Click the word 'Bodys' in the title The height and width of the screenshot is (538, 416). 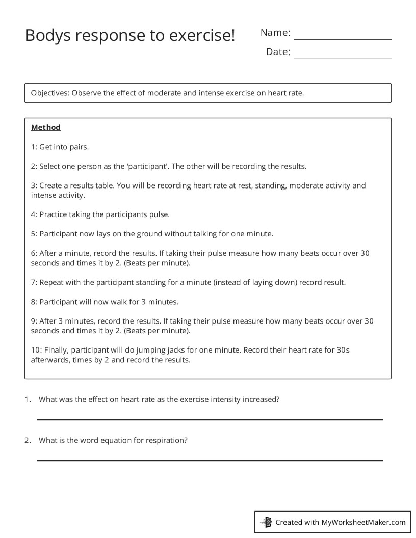point(46,35)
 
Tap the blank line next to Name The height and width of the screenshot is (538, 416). point(342,39)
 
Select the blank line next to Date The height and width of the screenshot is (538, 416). point(342,58)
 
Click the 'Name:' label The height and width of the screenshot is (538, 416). point(275,33)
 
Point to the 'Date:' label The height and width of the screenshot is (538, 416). point(278,52)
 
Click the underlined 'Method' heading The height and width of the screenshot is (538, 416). point(46,127)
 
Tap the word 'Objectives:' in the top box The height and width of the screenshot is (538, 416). point(50,93)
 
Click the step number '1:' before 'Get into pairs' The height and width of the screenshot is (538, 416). point(34,147)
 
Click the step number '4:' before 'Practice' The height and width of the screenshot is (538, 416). point(34,214)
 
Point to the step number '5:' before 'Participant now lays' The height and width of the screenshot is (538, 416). point(34,234)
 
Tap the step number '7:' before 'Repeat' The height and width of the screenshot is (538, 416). point(34,282)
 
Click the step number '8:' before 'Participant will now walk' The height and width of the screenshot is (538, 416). point(34,302)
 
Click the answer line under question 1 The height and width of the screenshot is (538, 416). point(210,419)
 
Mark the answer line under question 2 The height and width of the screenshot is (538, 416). point(210,460)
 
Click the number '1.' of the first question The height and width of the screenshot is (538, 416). point(28,399)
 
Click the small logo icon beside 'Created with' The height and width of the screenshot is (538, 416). point(266,522)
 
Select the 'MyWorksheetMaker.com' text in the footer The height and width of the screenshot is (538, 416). point(363,522)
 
